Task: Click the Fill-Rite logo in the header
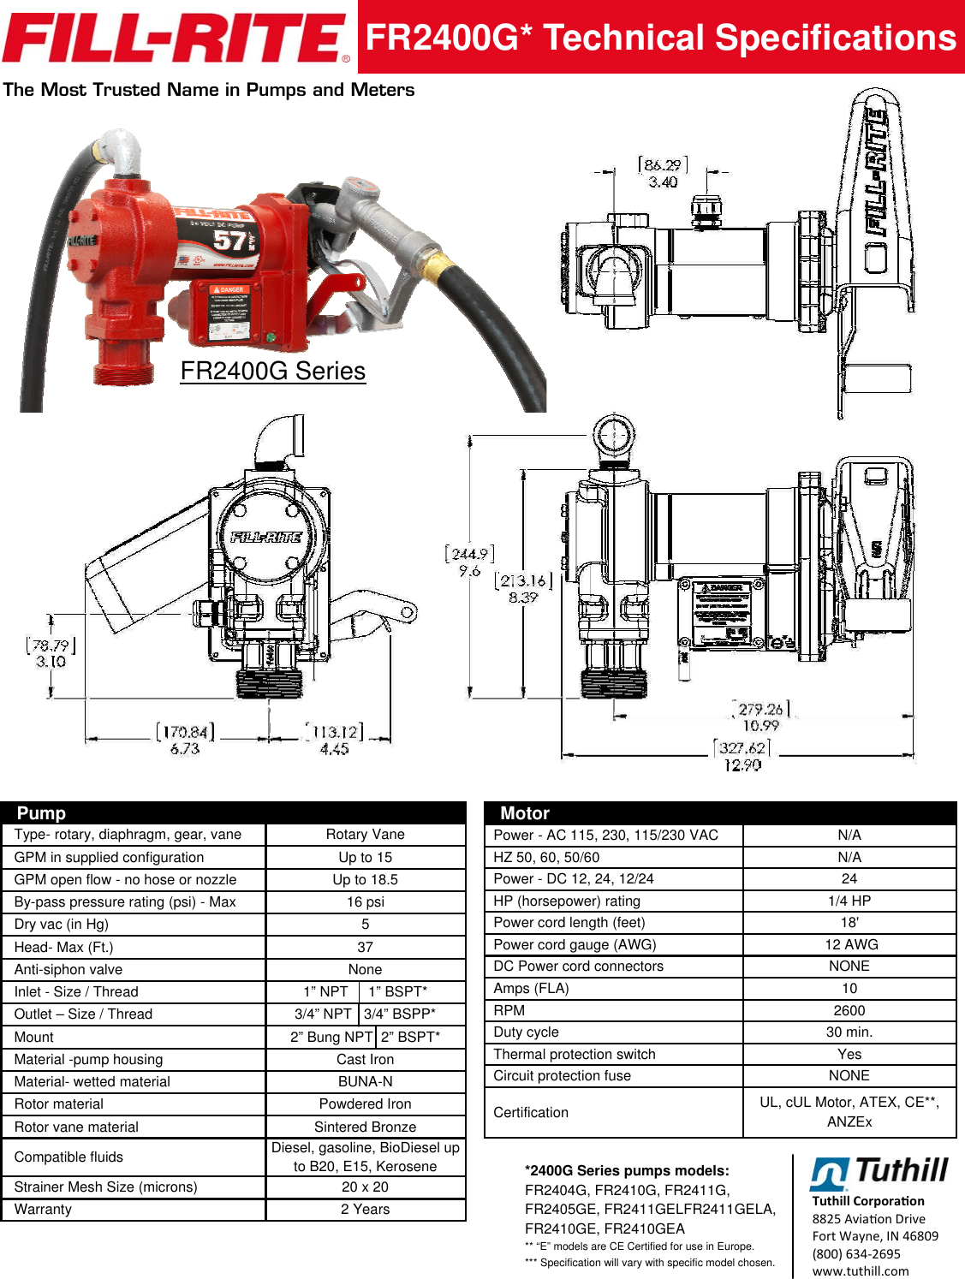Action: point(176,39)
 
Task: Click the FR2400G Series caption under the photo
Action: point(272,371)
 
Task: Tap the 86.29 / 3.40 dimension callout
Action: point(663,173)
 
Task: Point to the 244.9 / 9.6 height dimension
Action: point(469,562)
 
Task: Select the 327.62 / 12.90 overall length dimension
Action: point(742,756)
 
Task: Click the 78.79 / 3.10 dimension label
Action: point(51,653)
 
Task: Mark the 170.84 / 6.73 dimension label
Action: point(185,740)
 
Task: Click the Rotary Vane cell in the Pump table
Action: point(365,835)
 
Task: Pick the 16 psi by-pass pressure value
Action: point(365,902)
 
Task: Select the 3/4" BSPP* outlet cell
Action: point(400,1014)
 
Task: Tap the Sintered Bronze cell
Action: point(365,1127)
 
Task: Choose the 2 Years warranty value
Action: point(365,1209)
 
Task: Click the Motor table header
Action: point(525,813)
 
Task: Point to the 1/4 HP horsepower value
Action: point(849,901)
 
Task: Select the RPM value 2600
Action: point(849,1010)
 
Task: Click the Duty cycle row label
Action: point(526,1032)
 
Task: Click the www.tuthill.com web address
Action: point(861,1271)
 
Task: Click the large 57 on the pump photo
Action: point(229,241)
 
